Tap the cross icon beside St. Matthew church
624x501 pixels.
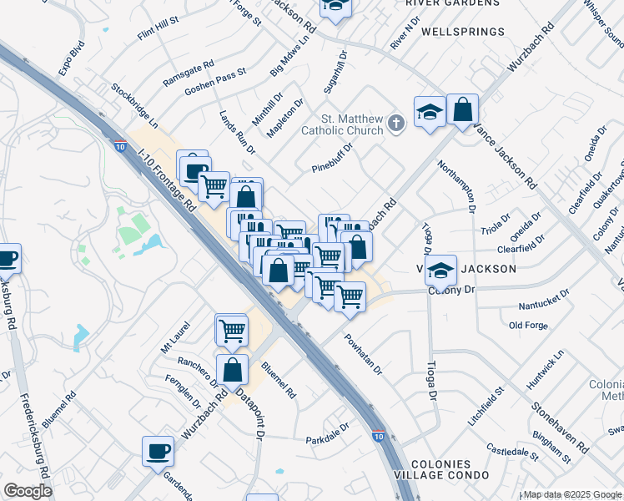tap(396, 125)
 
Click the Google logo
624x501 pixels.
tap(28, 491)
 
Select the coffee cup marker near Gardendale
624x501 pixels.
tap(158, 452)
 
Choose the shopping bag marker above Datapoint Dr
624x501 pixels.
tap(233, 369)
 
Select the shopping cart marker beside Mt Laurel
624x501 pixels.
tap(231, 329)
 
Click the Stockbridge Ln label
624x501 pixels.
tap(134, 102)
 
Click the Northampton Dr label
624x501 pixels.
tap(461, 185)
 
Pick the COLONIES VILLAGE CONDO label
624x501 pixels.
tap(450, 469)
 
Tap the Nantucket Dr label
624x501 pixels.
tap(543, 294)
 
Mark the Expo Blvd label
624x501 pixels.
tap(73, 57)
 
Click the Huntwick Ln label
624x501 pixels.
tap(545, 372)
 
